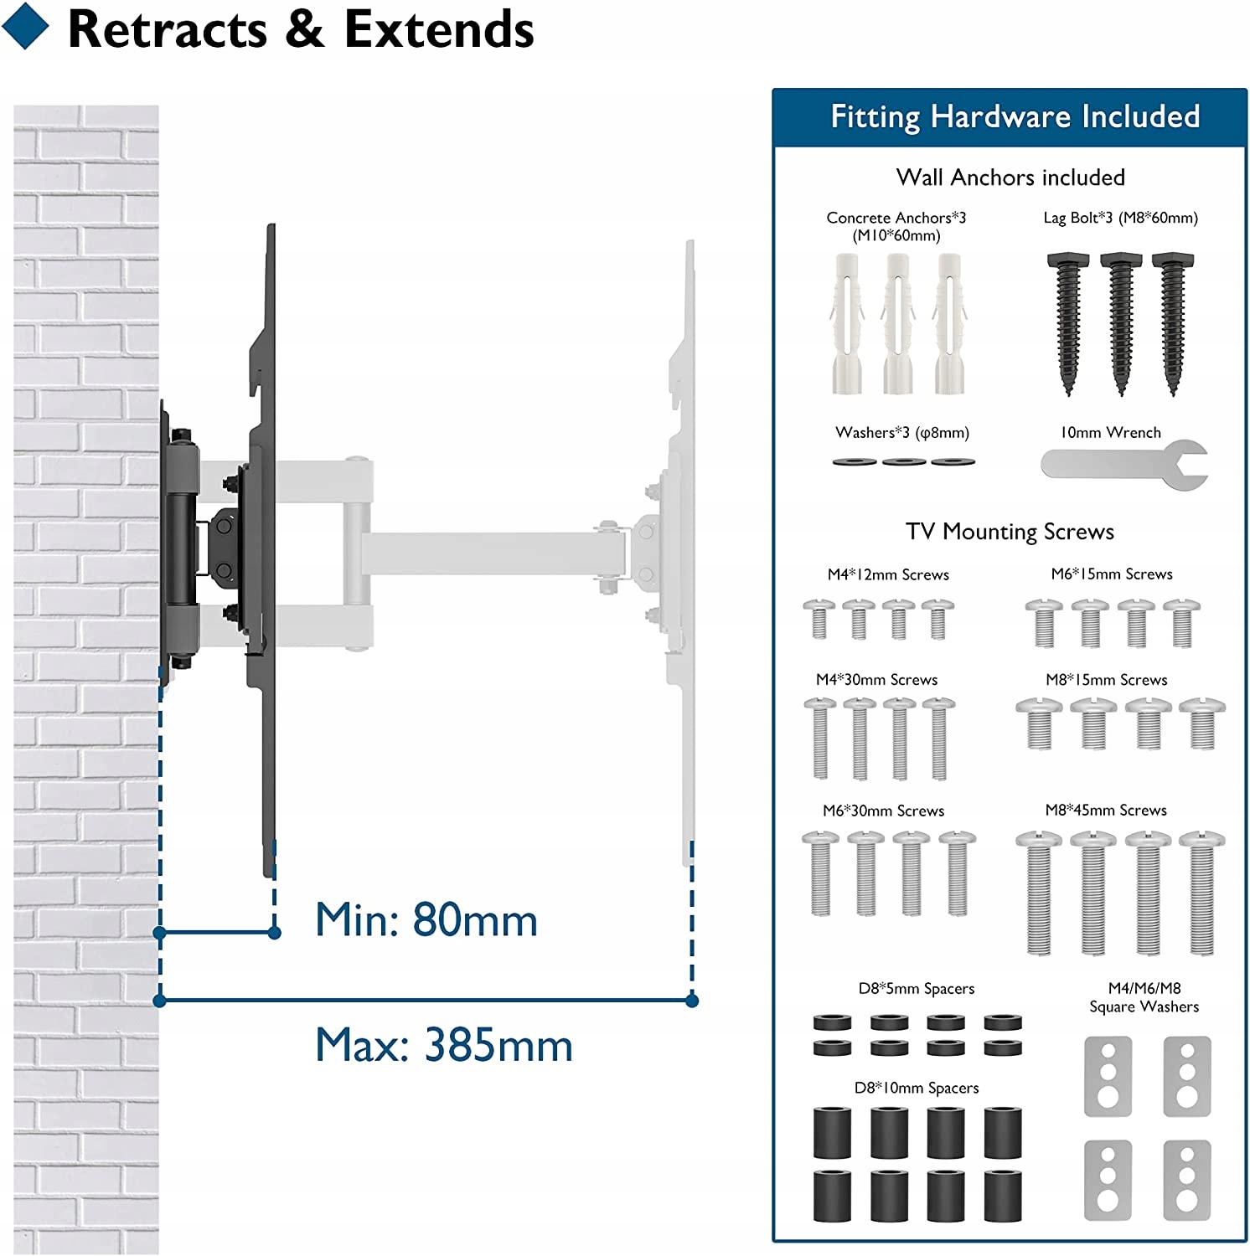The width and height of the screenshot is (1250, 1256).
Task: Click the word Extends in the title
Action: point(438,30)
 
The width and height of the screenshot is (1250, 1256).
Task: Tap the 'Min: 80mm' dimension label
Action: point(426,919)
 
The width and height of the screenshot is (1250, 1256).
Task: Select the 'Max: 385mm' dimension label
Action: point(443,1045)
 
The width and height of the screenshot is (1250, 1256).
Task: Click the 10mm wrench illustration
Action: point(1123,464)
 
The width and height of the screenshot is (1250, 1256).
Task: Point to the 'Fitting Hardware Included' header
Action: point(1015,116)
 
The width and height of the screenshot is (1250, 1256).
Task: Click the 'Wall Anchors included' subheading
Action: point(1010,178)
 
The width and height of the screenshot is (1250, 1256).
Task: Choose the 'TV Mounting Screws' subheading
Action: point(1010,532)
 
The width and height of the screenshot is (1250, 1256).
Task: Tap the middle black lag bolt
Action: point(1121,322)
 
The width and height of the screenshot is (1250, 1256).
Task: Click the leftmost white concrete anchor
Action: point(846,324)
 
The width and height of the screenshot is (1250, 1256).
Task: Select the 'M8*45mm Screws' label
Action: point(1106,810)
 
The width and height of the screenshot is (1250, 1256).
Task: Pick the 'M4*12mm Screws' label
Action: point(888,574)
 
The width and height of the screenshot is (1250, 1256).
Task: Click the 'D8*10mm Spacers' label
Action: point(917,1088)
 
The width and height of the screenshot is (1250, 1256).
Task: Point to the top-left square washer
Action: point(1108,1076)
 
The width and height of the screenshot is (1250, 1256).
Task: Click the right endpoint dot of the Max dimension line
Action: point(692,1001)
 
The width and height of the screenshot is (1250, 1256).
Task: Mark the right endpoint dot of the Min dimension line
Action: point(274,933)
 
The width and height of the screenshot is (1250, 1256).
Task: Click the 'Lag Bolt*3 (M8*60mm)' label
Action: point(1120,218)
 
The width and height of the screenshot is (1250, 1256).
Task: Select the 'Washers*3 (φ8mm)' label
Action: point(901,433)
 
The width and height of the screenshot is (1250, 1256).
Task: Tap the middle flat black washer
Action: point(904,461)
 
